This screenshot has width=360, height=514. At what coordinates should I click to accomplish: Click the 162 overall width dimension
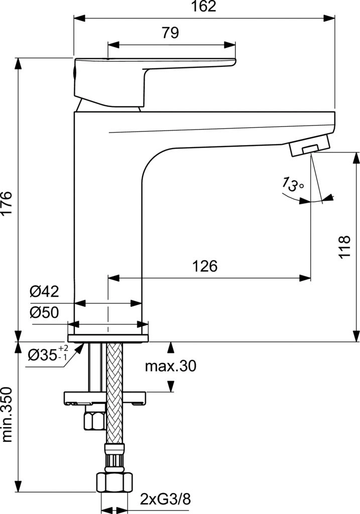tap(204, 7)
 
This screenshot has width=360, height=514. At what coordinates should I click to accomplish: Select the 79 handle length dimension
tap(170, 33)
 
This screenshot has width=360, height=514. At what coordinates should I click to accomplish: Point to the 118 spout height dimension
tap(344, 246)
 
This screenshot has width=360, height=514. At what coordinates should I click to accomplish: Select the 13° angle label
tap(292, 186)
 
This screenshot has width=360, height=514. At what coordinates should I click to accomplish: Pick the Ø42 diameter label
tap(44, 292)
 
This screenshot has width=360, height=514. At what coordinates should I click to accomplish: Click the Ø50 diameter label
tap(44, 313)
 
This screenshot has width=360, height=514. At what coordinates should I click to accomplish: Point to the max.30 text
tap(170, 366)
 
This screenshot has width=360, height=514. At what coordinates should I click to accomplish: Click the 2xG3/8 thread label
tap(165, 499)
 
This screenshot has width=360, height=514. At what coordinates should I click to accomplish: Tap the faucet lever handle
tap(151, 75)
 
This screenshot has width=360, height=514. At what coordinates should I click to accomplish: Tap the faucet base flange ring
tap(108, 333)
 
